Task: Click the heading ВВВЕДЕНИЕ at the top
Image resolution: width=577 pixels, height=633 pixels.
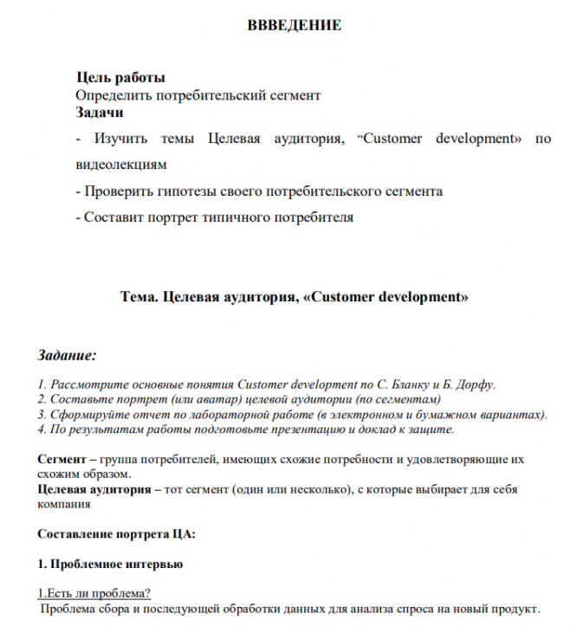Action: click(x=295, y=25)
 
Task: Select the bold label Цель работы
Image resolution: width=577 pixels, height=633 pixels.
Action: click(x=120, y=78)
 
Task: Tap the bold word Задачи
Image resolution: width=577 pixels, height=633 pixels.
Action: click(x=99, y=112)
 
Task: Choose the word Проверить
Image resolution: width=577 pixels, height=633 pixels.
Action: click(x=120, y=191)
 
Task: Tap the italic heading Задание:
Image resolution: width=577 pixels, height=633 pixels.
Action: click(x=68, y=356)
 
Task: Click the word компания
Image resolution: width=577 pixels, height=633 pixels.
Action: click(x=65, y=504)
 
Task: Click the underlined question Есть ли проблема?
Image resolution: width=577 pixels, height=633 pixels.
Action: click(x=94, y=593)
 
